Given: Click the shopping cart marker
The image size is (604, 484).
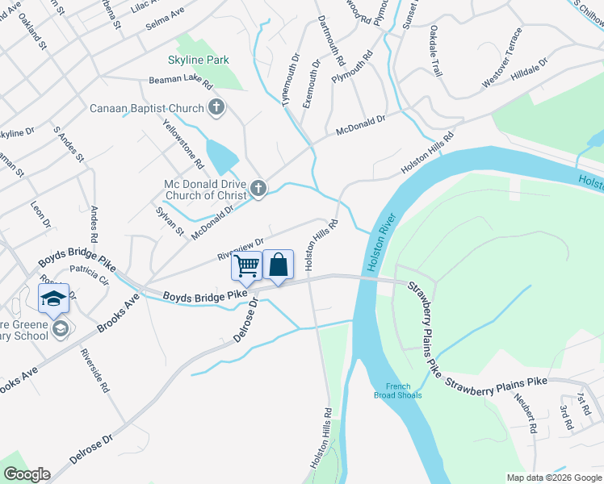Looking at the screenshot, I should (x=247, y=265).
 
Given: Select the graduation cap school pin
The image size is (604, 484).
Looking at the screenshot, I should (x=54, y=299).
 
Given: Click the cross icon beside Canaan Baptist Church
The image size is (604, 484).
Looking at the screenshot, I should (x=216, y=106).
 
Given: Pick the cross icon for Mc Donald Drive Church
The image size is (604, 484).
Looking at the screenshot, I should (x=258, y=190).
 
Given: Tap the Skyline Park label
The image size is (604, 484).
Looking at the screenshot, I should (x=199, y=60).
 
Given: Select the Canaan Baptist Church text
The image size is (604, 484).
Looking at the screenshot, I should (x=146, y=108).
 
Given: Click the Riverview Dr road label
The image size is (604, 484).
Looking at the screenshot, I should (x=241, y=249).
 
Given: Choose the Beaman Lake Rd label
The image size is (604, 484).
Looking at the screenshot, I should (x=180, y=82).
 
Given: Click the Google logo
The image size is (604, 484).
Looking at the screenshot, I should (x=27, y=474).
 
